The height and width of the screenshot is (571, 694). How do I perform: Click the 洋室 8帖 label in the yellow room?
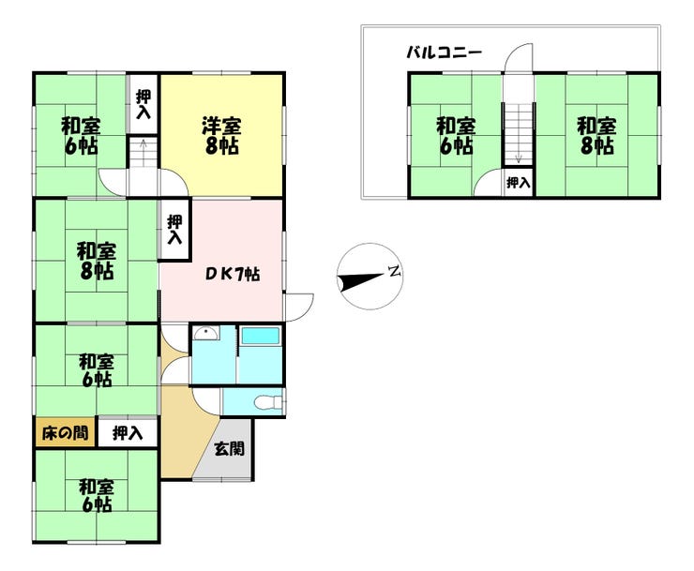222,135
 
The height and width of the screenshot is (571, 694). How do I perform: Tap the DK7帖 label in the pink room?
234,275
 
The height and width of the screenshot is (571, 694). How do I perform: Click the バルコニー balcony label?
444,53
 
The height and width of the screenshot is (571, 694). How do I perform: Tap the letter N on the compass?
395,274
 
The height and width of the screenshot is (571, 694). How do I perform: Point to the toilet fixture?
265,403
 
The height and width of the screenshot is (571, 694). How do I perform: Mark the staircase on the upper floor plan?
517,132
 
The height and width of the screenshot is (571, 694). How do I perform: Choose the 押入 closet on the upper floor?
518,183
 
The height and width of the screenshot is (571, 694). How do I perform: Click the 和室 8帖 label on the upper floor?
596,135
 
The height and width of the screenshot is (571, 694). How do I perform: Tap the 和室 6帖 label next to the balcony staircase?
455,135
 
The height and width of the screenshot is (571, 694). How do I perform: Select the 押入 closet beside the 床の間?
128,433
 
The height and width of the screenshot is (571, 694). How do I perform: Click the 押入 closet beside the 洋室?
143,102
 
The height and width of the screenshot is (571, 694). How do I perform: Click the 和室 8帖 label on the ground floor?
96,261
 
